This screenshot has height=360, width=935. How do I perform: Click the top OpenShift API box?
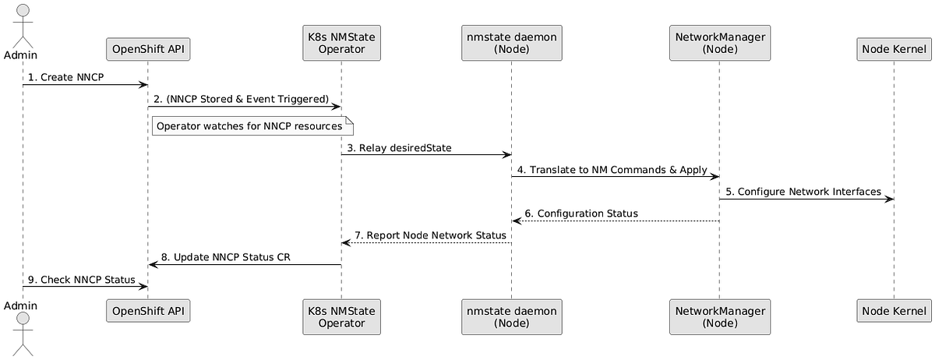pyautogui.click(x=147, y=49)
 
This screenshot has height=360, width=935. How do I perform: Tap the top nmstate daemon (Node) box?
pyautogui.click(x=511, y=43)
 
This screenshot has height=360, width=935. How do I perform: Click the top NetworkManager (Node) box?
pyautogui.click(x=719, y=43)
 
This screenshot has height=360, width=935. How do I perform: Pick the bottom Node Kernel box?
pyautogui.click(x=894, y=311)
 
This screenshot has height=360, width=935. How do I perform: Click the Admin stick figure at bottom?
pyautogui.click(x=23, y=335)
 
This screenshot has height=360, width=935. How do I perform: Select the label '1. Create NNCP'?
pyautogui.click(x=66, y=78)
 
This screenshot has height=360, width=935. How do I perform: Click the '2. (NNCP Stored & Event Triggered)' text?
pyautogui.click(x=241, y=99)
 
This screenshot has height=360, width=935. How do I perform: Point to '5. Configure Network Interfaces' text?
pyautogui.click(x=803, y=192)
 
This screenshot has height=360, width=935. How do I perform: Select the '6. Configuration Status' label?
pyautogui.click(x=581, y=214)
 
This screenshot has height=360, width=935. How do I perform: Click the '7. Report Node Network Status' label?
pyautogui.click(x=430, y=235)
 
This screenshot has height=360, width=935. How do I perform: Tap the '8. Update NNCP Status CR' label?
pyautogui.click(x=226, y=257)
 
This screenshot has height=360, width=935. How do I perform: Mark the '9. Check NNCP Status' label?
pyautogui.click(x=81, y=279)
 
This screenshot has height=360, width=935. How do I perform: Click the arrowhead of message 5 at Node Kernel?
pyautogui.click(x=889, y=199)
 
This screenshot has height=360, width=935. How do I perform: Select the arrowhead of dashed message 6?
pyautogui.click(x=516, y=221)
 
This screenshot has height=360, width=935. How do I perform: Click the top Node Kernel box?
pyautogui.click(x=894, y=49)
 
